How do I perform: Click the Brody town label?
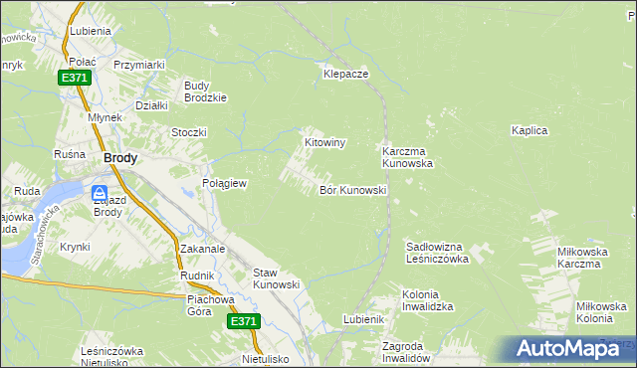(120, 157)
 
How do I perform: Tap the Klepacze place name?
(346, 74)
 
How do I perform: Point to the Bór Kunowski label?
(352, 189)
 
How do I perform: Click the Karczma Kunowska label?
(407, 157)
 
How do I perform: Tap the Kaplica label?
(530, 130)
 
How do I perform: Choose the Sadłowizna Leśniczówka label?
(437, 252)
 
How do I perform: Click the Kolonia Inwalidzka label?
(428, 300)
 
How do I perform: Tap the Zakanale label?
(203, 249)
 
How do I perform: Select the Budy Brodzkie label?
(206, 92)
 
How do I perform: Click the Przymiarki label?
(138, 65)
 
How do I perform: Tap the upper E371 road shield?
(74, 78)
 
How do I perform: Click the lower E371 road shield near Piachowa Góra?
(243, 321)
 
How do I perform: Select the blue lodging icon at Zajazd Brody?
(102, 193)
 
